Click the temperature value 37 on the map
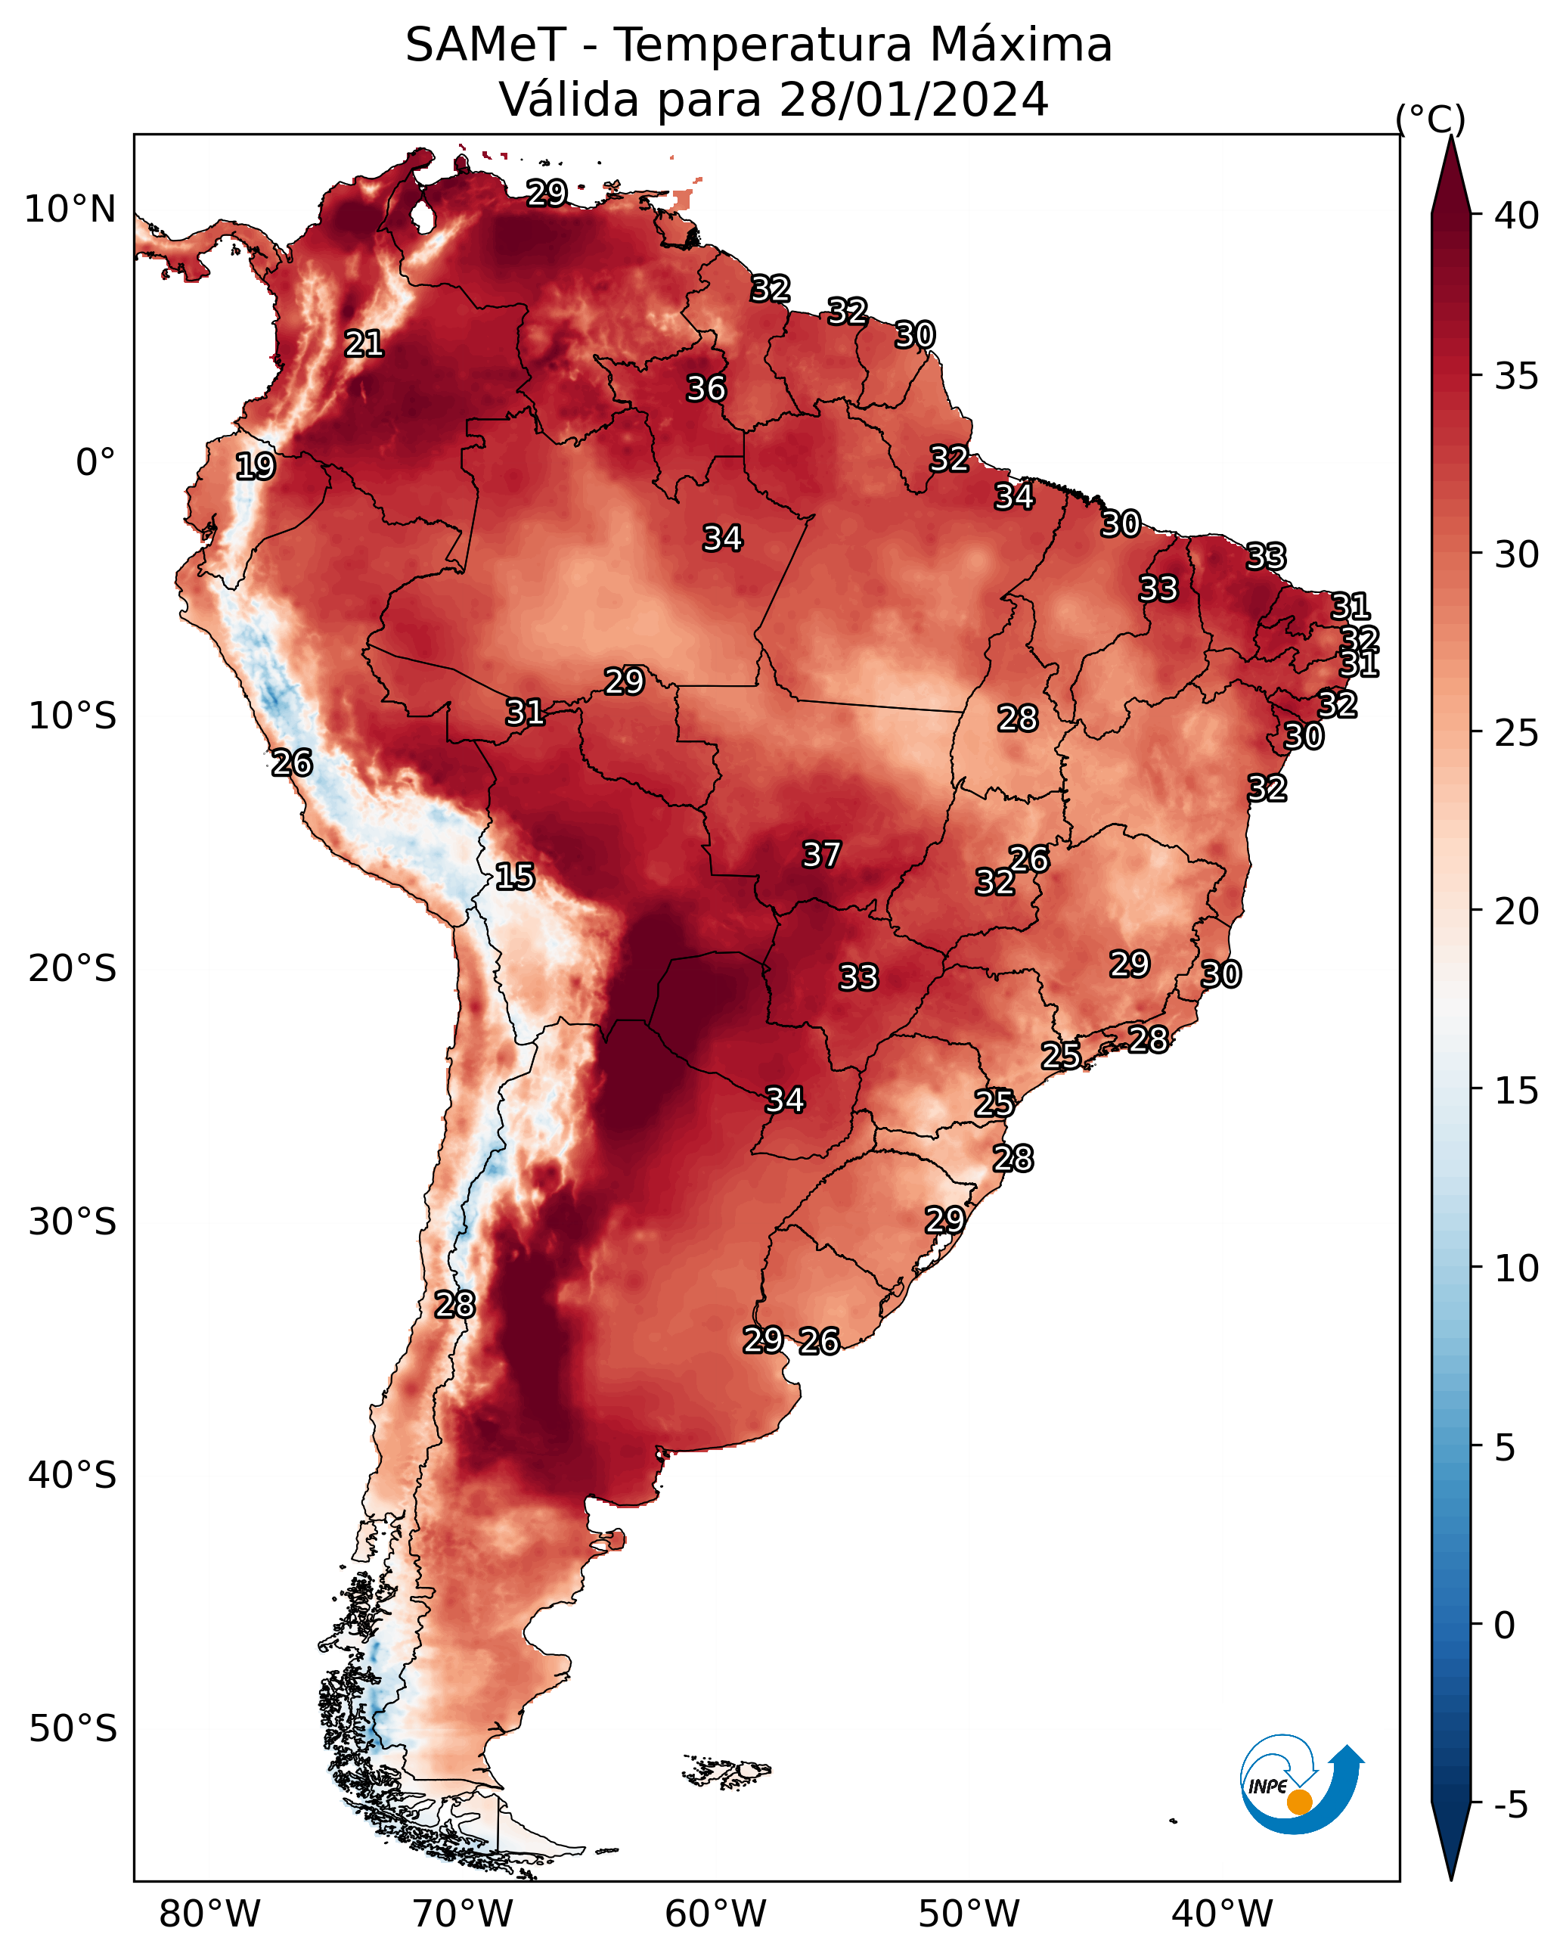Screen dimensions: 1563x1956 (x=822, y=855)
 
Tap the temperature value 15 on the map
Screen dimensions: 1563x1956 (x=514, y=877)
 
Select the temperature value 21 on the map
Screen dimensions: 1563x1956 (x=364, y=343)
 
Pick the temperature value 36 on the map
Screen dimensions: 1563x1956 (x=706, y=388)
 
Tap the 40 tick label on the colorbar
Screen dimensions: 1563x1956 (x=1517, y=216)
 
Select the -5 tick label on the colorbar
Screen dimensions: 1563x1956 (x=1510, y=1805)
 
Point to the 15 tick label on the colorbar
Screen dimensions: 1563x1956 (x=1517, y=1091)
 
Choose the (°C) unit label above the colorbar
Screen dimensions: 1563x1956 (x=1431, y=119)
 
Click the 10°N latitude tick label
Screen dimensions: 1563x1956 (x=70, y=210)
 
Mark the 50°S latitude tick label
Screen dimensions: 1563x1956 (x=73, y=1728)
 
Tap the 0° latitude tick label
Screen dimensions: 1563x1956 (x=96, y=463)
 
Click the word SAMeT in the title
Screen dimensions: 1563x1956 (x=485, y=45)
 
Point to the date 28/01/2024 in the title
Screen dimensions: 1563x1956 (x=913, y=99)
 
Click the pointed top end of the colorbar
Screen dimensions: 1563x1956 (x=1450, y=136)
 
